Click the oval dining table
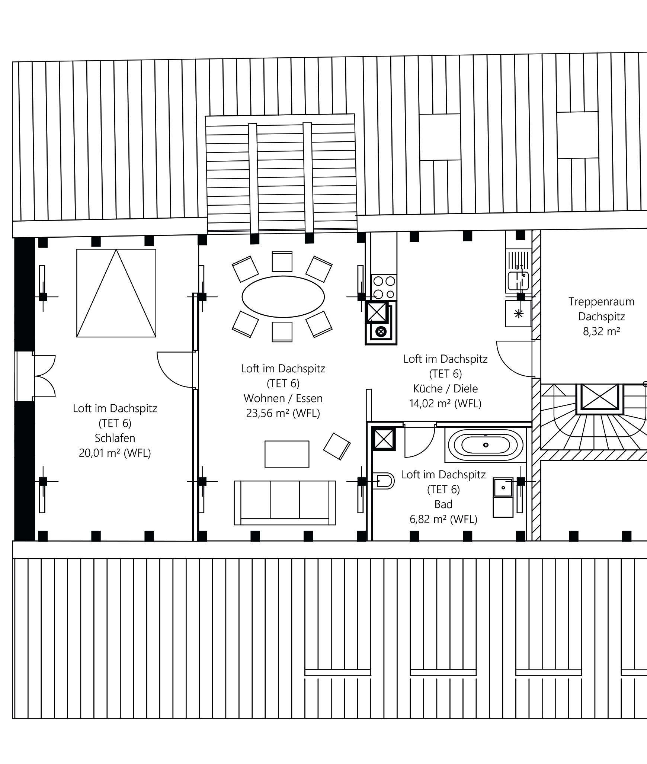(283, 296)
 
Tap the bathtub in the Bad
(486, 445)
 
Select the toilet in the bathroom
(383, 481)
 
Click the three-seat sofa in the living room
(285, 503)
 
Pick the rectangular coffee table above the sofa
(287, 454)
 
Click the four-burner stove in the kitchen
(384, 287)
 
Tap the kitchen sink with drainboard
(518, 271)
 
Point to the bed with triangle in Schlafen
(116, 293)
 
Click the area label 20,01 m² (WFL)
(115, 453)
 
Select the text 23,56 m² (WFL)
(283, 413)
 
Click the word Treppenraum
(601, 302)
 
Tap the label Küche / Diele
(445, 389)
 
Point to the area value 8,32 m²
(601, 331)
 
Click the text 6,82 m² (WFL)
(443, 519)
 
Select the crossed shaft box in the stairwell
(599, 398)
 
